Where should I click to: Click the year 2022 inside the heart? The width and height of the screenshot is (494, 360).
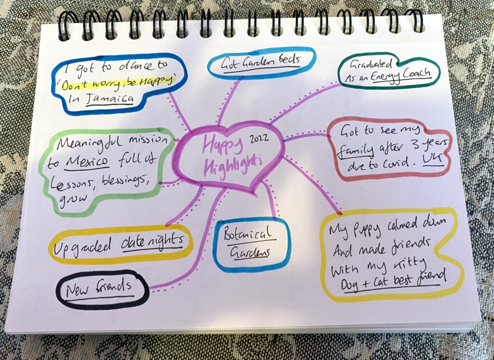click(259, 139)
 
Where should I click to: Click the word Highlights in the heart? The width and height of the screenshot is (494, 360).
click(233, 165)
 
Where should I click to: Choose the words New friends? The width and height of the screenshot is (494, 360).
click(98, 288)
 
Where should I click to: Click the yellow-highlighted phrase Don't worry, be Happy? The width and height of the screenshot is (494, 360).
click(118, 83)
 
